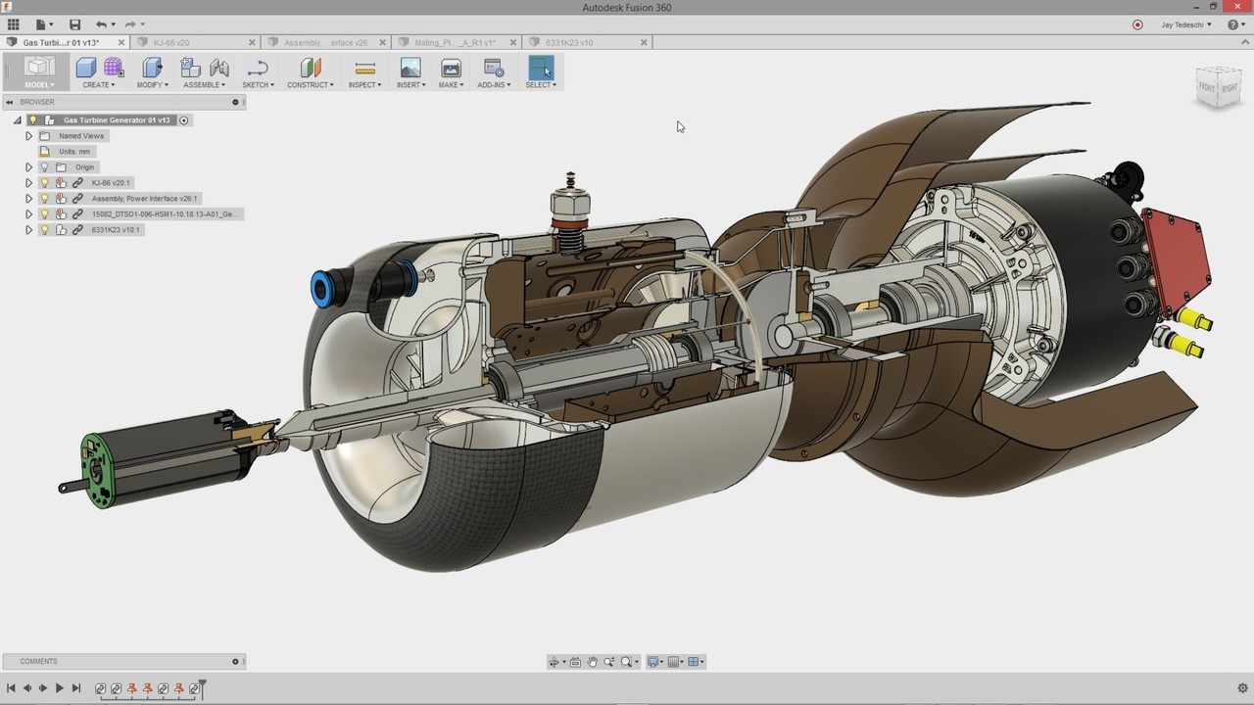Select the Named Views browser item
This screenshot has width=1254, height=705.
click(x=80, y=136)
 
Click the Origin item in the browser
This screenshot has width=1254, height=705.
click(x=84, y=167)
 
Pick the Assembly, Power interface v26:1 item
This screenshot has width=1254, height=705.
click(x=144, y=199)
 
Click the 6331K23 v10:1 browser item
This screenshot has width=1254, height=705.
click(x=116, y=230)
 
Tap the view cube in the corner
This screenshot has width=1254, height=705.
click(x=1218, y=88)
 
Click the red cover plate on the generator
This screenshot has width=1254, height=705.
click(x=1177, y=257)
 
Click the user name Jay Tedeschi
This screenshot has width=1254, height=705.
click(x=1180, y=24)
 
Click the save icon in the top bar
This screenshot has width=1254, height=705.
click(x=75, y=24)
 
